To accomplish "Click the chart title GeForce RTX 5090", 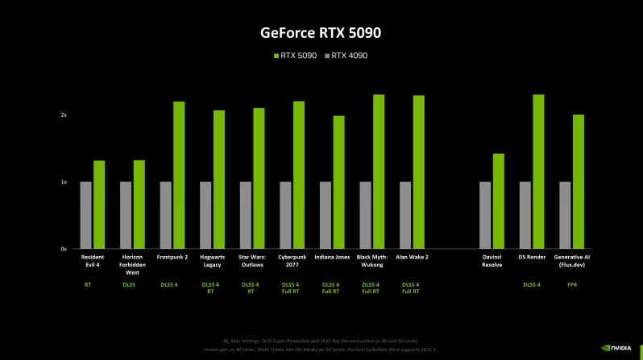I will click(321, 33).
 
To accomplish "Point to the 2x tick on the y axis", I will click(63, 115).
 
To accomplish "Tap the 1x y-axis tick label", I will click(63, 182).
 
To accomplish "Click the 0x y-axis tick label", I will click(63, 249).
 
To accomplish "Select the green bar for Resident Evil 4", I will click(99, 205).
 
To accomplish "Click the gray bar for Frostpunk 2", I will click(165, 215).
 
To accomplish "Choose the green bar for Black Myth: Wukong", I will click(378, 172).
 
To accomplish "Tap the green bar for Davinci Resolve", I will click(498, 201).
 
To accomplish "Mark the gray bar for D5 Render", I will click(525, 215).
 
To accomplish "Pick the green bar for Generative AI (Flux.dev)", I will click(578, 181).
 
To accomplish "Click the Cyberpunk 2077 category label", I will click(292, 260).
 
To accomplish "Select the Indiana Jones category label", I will click(333, 257).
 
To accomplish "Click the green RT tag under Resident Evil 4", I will click(88, 284).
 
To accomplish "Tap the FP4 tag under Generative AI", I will click(571, 284).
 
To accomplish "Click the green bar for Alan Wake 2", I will click(418, 172).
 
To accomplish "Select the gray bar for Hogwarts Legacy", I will click(205, 215).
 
